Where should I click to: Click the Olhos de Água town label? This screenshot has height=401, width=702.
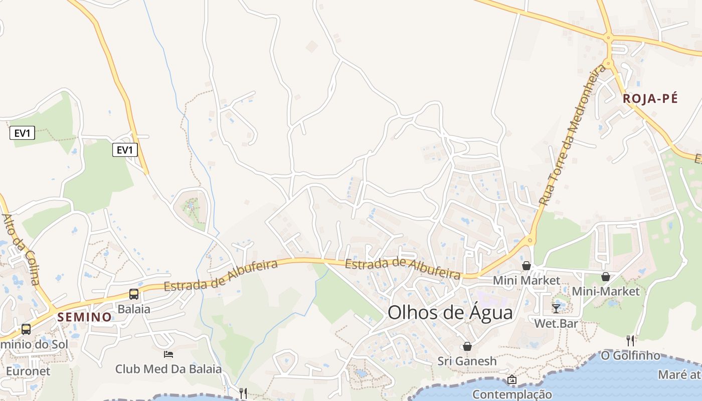tap(450, 313)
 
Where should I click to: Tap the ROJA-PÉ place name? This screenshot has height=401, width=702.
tap(650, 99)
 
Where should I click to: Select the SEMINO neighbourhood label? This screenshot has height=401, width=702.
tap(84, 317)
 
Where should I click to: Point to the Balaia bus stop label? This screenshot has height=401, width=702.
tap(134, 309)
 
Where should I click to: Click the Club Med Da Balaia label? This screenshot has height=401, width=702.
tap(168, 369)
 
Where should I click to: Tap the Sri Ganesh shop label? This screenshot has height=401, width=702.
tap(467, 361)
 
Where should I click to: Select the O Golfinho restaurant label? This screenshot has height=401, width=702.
tap(630, 355)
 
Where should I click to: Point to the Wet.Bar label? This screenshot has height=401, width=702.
tap(556, 323)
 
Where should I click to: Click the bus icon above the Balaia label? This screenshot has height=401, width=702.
tap(134, 294)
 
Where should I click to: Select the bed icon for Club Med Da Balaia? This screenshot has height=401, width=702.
tap(168, 354)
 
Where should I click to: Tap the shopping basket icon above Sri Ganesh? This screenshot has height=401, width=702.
tap(467, 346)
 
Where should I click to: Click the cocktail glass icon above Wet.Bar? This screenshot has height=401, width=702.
tap(556, 308)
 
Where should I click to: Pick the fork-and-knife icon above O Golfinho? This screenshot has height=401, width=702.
tap(630, 341)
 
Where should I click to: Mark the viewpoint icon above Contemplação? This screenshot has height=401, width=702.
tap(512, 380)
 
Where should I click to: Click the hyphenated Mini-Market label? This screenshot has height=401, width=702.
tap(606, 291)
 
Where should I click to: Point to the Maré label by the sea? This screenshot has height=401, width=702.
tap(680, 375)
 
